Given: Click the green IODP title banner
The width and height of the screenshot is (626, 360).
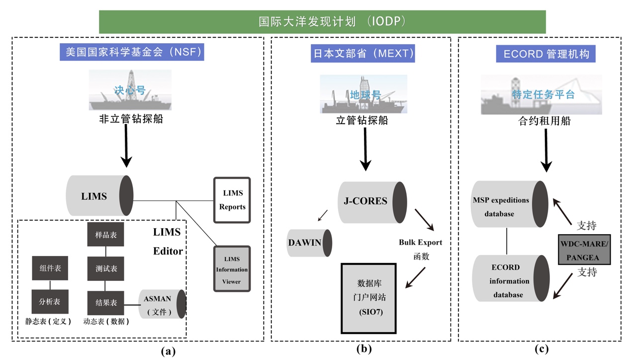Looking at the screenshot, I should pos(322,22).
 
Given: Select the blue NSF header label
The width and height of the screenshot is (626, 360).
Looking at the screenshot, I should pos(134,52).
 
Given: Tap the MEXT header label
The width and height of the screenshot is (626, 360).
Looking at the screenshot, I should pos(363,53).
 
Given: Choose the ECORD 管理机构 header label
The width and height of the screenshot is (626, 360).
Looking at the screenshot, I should pos(546,54).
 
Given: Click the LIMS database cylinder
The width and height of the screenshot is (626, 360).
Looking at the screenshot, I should pos(99,195).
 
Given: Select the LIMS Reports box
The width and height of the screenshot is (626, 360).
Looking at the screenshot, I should pos(232,200).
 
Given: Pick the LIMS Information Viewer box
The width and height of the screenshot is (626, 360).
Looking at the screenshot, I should pos(232,269).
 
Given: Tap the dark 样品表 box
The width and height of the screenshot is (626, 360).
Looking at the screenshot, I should pos(106,235).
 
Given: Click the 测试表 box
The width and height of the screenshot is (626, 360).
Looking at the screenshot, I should pos(106,269).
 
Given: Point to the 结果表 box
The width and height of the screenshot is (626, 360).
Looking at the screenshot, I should pos(106,302).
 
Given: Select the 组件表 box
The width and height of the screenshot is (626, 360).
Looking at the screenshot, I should pos(50,269).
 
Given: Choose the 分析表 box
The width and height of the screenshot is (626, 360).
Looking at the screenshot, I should pos(50,302).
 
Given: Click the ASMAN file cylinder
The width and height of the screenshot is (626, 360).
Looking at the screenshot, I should pos(162,304).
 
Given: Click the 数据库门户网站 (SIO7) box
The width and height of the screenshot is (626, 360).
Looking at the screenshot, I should pos(368,298).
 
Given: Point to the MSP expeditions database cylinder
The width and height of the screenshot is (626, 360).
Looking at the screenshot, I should pos(509,204).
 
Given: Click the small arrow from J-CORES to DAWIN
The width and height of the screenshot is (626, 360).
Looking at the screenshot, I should pos(323,215).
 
